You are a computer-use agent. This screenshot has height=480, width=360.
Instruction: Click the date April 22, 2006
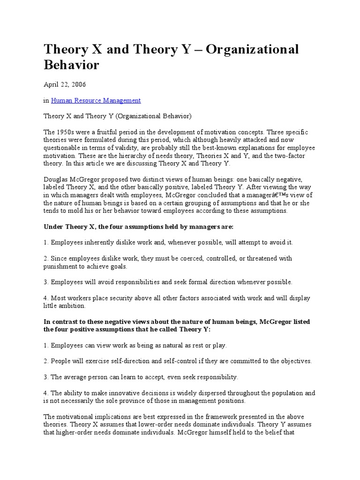coord(64,84)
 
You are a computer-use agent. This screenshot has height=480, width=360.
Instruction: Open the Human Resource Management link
coord(96,100)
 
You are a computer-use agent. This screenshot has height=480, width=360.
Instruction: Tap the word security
coord(129,298)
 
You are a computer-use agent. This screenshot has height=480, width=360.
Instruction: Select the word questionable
coord(65,148)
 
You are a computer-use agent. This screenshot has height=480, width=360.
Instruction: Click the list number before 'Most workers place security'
coord(46,298)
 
